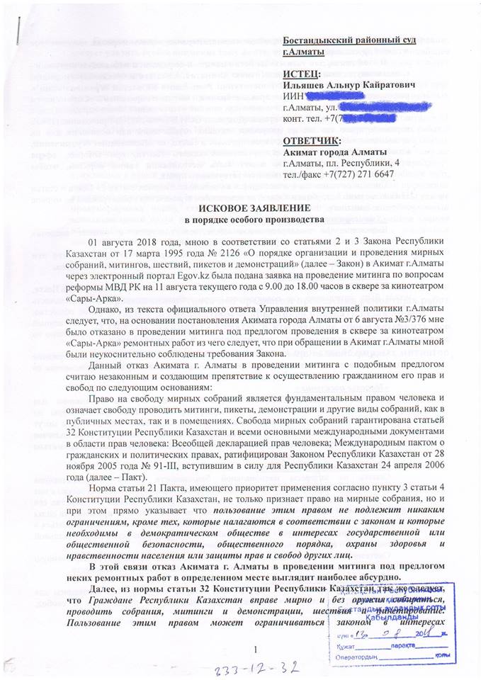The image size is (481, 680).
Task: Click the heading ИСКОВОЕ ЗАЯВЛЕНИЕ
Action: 240,209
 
